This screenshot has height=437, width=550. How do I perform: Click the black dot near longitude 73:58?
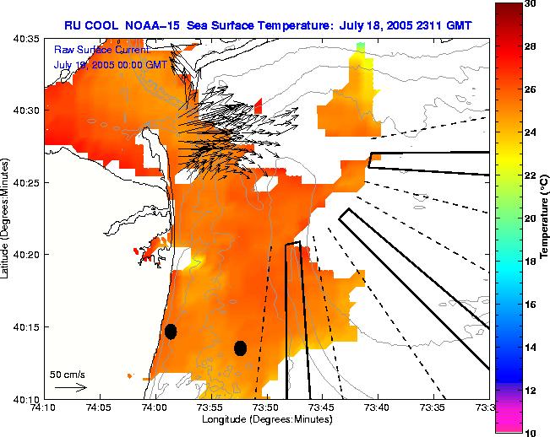[x=171, y=332]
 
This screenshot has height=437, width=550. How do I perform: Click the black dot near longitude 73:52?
[x=240, y=348]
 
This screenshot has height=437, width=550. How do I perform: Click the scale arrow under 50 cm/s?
[x=71, y=387]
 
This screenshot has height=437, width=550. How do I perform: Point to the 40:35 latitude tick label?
[x=25, y=40]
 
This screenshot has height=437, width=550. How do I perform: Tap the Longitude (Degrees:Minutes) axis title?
[x=266, y=420]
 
